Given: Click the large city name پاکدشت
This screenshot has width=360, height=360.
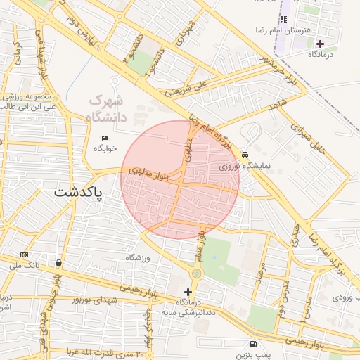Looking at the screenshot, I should click(78, 192).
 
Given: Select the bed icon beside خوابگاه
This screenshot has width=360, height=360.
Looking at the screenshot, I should click(105, 137).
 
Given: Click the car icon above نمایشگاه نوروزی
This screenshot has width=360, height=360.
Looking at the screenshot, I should click(245, 155).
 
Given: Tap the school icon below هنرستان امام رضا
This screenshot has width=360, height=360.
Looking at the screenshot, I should click(283, 19).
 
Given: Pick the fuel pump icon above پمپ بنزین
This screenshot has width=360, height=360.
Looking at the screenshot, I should click(252, 344).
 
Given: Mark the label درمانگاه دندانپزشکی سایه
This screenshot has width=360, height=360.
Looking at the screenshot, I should click(187, 307).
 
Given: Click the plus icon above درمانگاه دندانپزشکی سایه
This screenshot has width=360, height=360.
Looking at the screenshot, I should click(187, 291).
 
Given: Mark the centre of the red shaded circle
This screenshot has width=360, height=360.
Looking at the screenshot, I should click(180, 180).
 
